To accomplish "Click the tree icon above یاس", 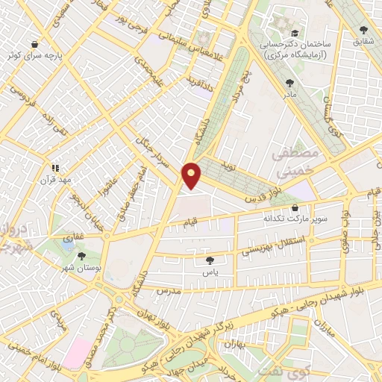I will [210, 260].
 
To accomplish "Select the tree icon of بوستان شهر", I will [81, 256].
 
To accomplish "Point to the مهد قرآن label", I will [56, 180].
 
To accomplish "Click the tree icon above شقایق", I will [364, 31].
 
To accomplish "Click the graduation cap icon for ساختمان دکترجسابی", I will [295, 34].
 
